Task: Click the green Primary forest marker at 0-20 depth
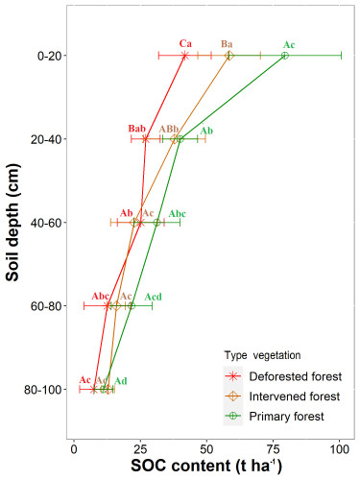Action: pyautogui.click(x=285, y=56)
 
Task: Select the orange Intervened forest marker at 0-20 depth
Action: pyautogui.click(x=229, y=56)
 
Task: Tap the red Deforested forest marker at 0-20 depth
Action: pyautogui.click(x=184, y=56)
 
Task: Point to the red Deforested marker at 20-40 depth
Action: pyautogui.click(x=146, y=139)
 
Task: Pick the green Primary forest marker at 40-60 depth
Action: pyautogui.click(x=156, y=223)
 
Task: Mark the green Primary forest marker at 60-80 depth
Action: pyautogui.click(x=132, y=306)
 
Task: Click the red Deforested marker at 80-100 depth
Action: pyautogui.click(x=93, y=390)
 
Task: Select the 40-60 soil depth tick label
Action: pyautogui.click(x=46, y=223)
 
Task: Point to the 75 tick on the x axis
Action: pyautogui.click(x=274, y=449)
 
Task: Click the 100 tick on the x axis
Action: pyautogui.click(x=340, y=449)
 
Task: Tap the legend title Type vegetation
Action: pyautogui.click(x=262, y=355)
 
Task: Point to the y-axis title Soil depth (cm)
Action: pyautogui.click(x=12, y=223)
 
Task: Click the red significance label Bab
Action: pyautogui.click(x=137, y=129)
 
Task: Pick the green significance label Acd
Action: pyautogui.click(x=153, y=297)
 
